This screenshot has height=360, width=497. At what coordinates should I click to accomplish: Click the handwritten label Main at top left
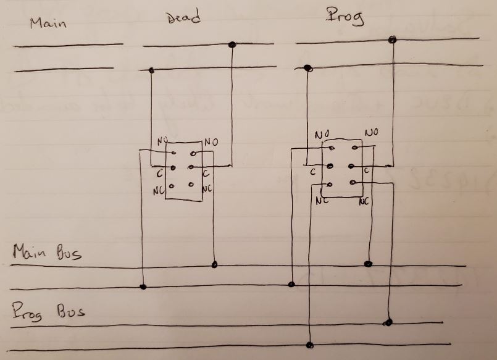pyautogui.click(x=48, y=24)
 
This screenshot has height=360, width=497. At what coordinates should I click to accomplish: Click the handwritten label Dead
pyautogui.click(x=183, y=18)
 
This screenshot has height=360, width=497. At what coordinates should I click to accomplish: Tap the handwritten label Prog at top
pyautogui.click(x=345, y=17)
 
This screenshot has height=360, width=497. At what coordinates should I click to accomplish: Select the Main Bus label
pyautogui.click(x=47, y=253)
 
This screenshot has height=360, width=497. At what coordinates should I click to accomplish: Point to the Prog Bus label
pyautogui.click(x=48, y=312)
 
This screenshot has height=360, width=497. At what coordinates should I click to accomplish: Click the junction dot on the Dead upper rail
pyautogui.click(x=232, y=44)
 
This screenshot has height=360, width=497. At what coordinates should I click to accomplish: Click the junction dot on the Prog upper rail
pyautogui.click(x=391, y=40)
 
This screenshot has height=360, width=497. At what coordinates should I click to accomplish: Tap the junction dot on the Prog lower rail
pyautogui.click(x=308, y=69)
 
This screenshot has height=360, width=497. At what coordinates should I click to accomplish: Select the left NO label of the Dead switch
pyautogui.click(x=162, y=141)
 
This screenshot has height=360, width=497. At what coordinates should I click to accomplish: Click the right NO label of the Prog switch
pyautogui.click(x=372, y=133)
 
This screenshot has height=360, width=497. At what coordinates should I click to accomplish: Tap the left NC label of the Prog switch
pyautogui.click(x=321, y=201)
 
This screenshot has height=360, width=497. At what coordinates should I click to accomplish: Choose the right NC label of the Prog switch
pyautogui.click(x=364, y=201)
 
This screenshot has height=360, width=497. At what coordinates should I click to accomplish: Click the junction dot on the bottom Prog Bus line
pyautogui.click(x=310, y=345)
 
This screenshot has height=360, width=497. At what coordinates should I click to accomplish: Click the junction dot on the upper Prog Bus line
pyautogui.click(x=388, y=322)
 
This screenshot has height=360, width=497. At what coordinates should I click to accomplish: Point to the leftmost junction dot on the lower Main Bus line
pyautogui.click(x=143, y=287)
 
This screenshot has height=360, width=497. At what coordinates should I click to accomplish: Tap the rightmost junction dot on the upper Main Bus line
pyautogui.click(x=369, y=264)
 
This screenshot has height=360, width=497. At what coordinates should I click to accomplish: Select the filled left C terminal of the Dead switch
pyautogui.click(x=173, y=168)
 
